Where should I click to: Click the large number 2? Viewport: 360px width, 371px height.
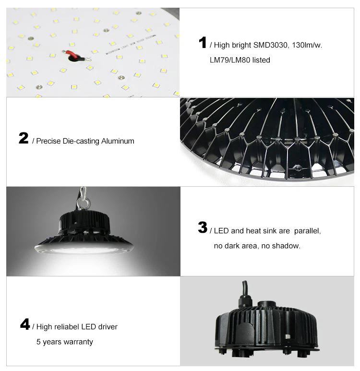[x=24, y=139]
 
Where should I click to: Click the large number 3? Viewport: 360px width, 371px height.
[x=203, y=228]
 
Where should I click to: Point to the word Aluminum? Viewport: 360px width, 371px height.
[x=118, y=141]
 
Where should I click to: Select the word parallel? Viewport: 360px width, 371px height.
[x=307, y=231]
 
